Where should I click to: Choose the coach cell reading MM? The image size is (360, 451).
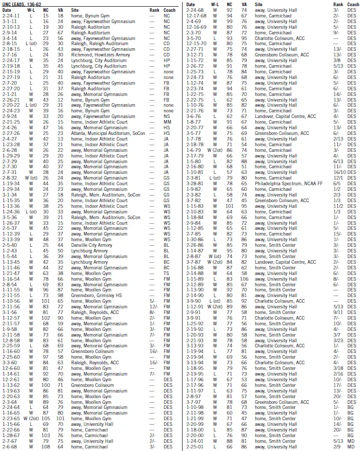tap(166, 122)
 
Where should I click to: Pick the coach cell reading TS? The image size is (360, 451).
tap(166, 273)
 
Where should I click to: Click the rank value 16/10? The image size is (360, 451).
tap(337, 172)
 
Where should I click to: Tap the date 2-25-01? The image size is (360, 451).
tap(195, 446)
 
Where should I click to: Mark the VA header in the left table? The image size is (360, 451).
tap(60, 10)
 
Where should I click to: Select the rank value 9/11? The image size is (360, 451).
tap(337, 312)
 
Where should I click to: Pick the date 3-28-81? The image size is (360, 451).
tap(195, 183)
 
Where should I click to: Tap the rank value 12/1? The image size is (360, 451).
tap(337, 178)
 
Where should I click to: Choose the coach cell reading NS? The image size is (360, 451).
tap(166, 116)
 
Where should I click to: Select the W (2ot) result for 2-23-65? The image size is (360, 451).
tap(31, 418)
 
